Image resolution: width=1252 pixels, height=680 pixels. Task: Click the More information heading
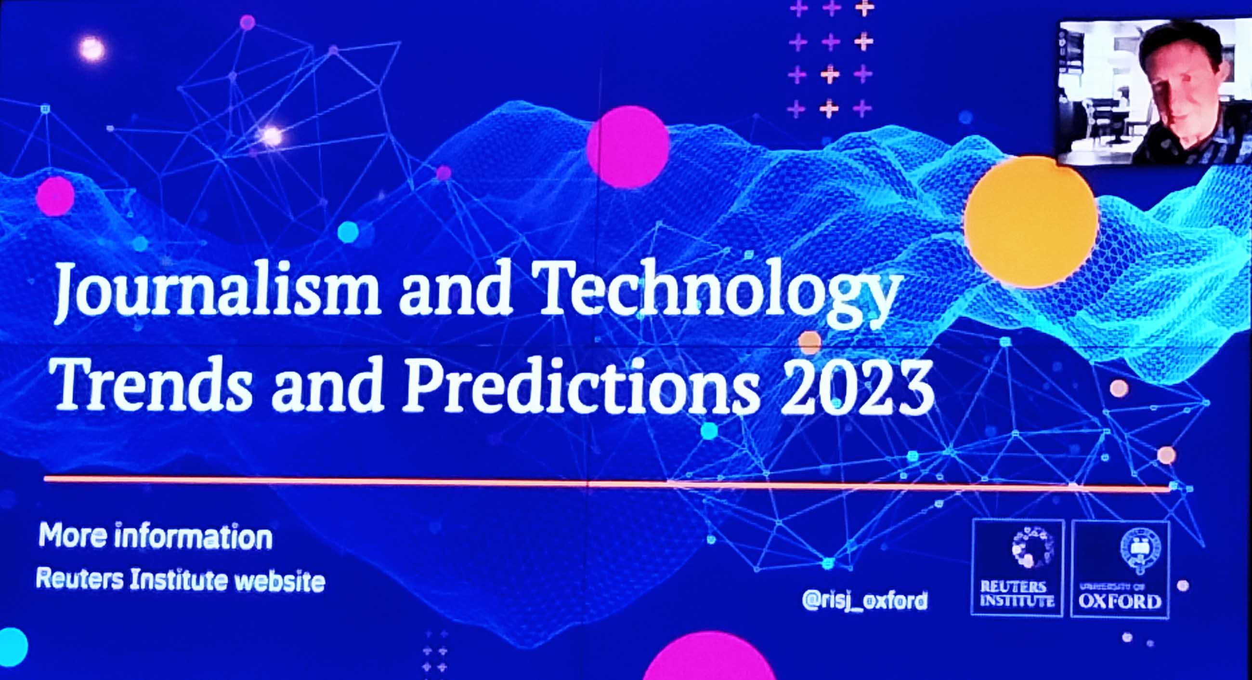[155, 536]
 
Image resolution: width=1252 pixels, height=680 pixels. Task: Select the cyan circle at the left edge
[11, 647]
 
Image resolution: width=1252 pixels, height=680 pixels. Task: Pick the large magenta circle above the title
[627, 147]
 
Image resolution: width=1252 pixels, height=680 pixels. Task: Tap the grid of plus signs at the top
[830, 58]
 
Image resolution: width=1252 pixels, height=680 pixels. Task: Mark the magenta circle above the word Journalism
[55, 196]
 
